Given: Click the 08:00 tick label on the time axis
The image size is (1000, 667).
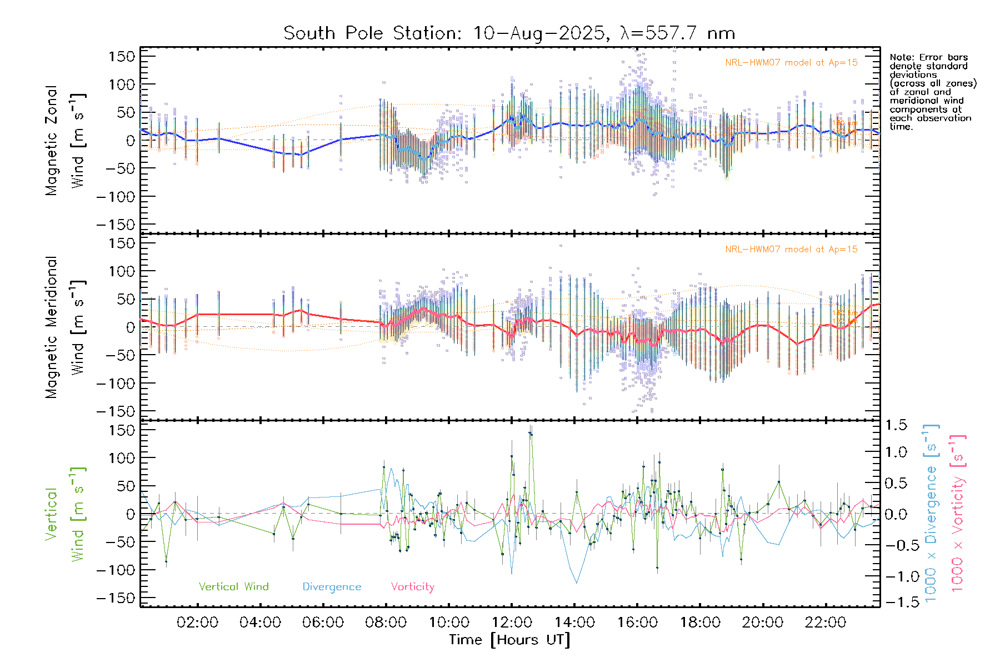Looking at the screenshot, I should tap(386, 623).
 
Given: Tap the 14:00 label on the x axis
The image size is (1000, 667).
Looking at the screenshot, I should tap(574, 623).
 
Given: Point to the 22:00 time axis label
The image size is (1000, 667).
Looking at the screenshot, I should tap(826, 623).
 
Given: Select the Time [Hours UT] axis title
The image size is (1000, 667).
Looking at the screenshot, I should tap(509, 640).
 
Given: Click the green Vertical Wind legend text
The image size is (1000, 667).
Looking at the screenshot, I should tap(233, 587).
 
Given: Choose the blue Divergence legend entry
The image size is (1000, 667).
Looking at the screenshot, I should tap(332, 587).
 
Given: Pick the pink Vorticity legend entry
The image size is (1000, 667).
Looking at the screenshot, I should tap(412, 587).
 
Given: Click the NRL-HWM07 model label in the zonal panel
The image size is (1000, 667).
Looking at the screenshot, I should tap(791, 63).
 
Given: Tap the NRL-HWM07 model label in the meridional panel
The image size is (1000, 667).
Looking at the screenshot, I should tap(791, 250).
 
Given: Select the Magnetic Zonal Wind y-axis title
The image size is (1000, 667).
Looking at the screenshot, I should tap(66, 141).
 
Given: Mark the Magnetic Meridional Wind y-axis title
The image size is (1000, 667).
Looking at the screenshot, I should tap(66, 327).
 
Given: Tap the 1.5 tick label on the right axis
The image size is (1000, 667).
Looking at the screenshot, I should tap(896, 425).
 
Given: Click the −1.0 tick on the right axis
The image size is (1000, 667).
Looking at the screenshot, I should tap(896, 576).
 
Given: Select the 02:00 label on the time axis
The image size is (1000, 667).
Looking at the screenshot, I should tap(197, 623).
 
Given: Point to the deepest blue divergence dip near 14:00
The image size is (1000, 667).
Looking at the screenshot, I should tap(577, 583).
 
